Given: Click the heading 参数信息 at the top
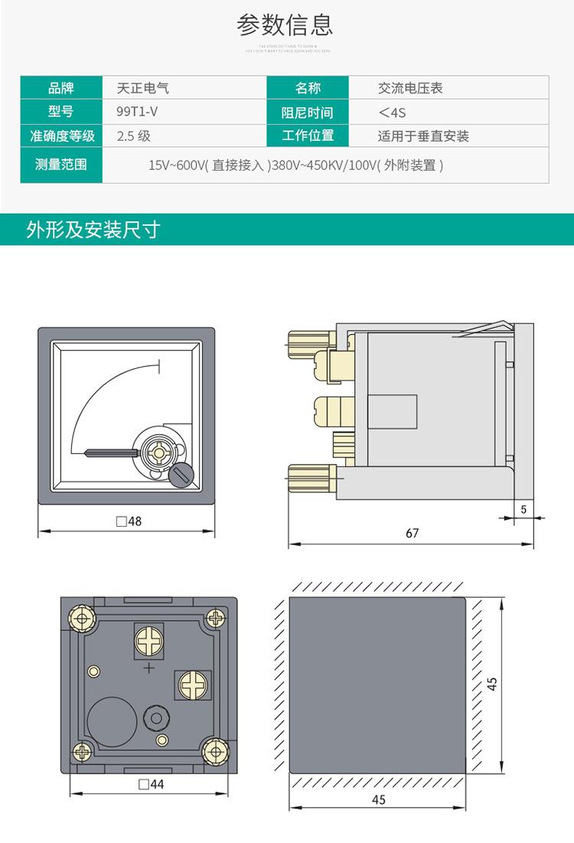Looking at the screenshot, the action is pyautogui.click(x=285, y=25).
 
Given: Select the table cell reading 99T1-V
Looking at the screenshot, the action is pyautogui.click(x=137, y=112).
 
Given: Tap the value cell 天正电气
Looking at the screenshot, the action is pyautogui.click(x=143, y=88).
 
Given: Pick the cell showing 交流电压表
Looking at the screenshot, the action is pyautogui.click(x=410, y=88).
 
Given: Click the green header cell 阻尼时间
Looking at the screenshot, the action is pyautogui.click(x=307, y=113).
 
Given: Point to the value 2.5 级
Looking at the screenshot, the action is pyautogui.click(x=134, y=136).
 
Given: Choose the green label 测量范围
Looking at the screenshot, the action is pyautogui.click(x=61, y=164).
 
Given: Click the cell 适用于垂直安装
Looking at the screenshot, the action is pyautogui.click(x=423, y=136).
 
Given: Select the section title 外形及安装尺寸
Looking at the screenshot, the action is pyautogui.click(x=93, y=230).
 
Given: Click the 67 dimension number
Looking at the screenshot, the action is pyautogui.click(x=413, y=533).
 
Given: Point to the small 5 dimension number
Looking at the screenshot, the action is pyautogui.click(x=523, y=508).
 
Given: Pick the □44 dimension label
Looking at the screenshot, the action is pyautogui.click(x=151, y=784).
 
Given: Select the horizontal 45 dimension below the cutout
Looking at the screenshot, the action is pyautogui.click(x=378, y=799).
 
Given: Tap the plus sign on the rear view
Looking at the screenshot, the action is pyautogui.click(x=148, y=668).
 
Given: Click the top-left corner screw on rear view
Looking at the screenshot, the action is pyautogui.click(x=80, y=616).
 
